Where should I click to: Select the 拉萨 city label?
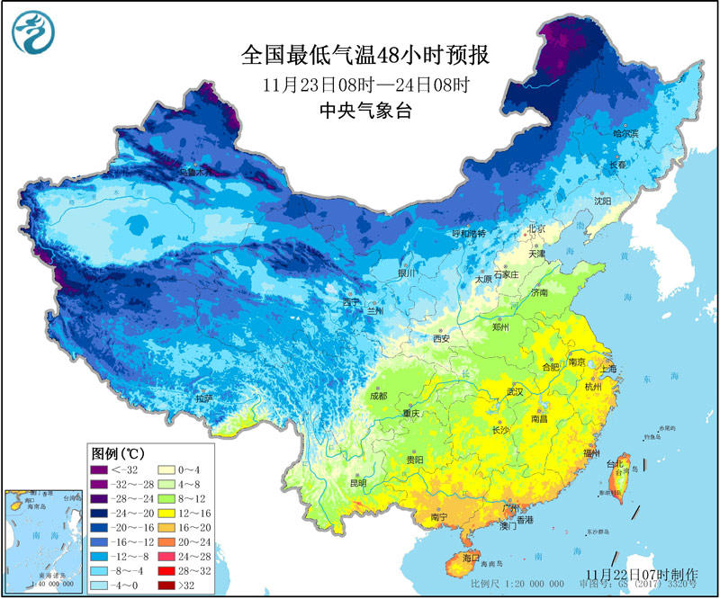pos(203,398)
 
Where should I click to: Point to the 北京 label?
pos(536,228)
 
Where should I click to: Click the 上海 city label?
pos(608,369)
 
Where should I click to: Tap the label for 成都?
pos(378,396)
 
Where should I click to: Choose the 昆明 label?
pos(357,483)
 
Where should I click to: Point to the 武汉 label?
pos(514,392)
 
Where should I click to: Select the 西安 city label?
pos(440,339)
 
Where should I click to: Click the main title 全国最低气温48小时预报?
pos(364,56)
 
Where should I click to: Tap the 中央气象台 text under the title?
pos(364,112)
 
